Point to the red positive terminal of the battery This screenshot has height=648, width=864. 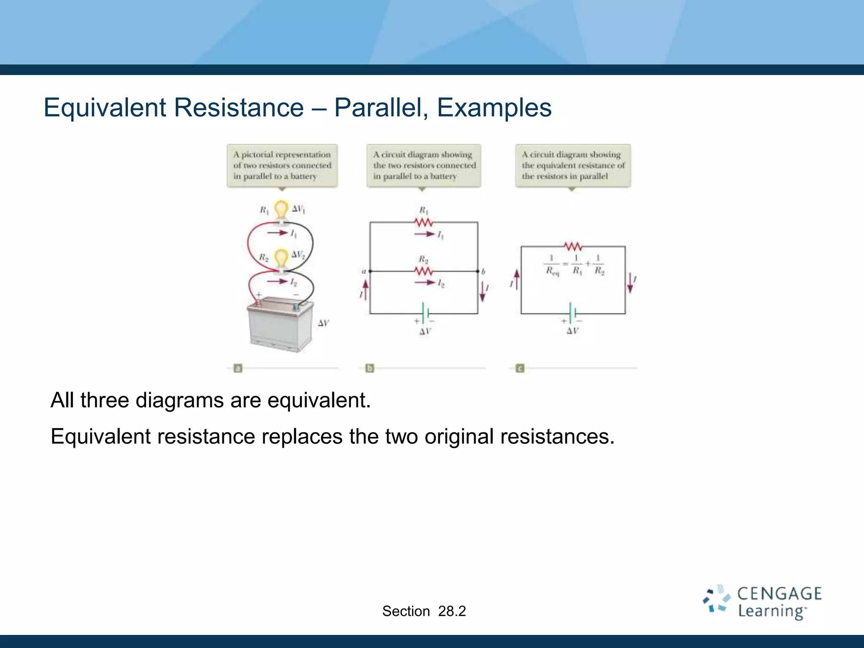tap(258, 303)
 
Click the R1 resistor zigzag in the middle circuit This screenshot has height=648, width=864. tap(424, 222)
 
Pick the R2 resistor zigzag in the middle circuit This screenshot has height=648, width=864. tap(424, 271)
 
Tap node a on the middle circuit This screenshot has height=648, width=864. tap(370, 271)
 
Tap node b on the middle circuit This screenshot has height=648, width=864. tap(478, 271)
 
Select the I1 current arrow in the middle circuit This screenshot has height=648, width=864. tap(424, 234)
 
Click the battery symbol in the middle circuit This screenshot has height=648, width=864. tap(425, 313)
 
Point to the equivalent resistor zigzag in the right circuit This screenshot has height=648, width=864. tap(573, 246)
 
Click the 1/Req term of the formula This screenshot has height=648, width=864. tap(552, 265)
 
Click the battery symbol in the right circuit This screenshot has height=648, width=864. tap(572, 313)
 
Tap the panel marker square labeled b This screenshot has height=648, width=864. tap(370, 368)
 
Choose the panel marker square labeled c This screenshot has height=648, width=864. tap(520, 368)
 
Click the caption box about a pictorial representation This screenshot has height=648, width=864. tap(282, 166)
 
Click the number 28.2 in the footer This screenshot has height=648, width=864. tap(452, 611)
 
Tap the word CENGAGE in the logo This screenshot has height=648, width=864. tap(779, 594)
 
